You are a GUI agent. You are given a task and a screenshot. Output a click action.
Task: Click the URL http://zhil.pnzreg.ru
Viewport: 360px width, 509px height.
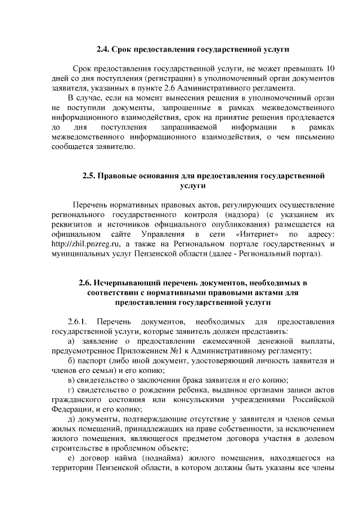(x=84, y=244)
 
